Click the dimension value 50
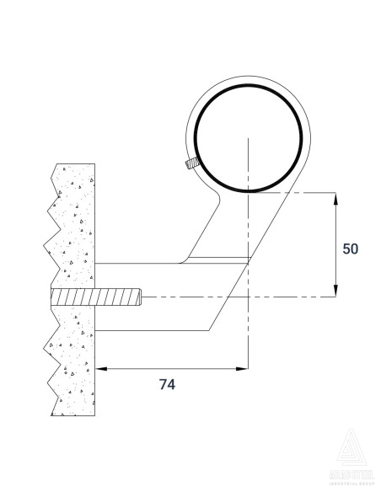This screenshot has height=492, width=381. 351,249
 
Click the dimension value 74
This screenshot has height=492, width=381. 167,384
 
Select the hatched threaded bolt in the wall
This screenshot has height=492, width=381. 94,297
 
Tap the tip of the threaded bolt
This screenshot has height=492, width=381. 139,297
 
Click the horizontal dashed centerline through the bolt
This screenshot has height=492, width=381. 253,297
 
